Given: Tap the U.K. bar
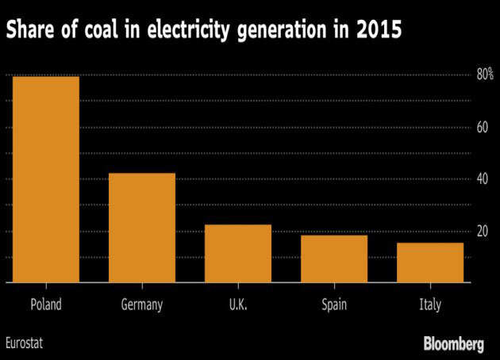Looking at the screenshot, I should [x=238, y=253].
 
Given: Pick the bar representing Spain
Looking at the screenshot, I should [x=334, y=259].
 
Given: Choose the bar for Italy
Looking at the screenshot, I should [x=430, y=262].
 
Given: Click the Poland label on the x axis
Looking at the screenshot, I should [x=45, y=304].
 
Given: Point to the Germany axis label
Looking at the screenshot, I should [x=142, y=304].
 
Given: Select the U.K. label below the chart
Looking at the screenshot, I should [x=238, y=304].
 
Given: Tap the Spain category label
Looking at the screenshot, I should [x=334, y=304].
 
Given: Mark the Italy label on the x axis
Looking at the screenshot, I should [x=430, y=304].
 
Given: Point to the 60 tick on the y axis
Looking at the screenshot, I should [x=482, y=127].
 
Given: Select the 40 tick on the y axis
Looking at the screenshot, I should [x=482, y=179].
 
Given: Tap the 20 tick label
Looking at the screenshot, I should [x=482, y=232].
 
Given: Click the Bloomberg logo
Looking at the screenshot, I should [x=453, y=344].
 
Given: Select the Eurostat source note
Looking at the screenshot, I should [x=25, y=344].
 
